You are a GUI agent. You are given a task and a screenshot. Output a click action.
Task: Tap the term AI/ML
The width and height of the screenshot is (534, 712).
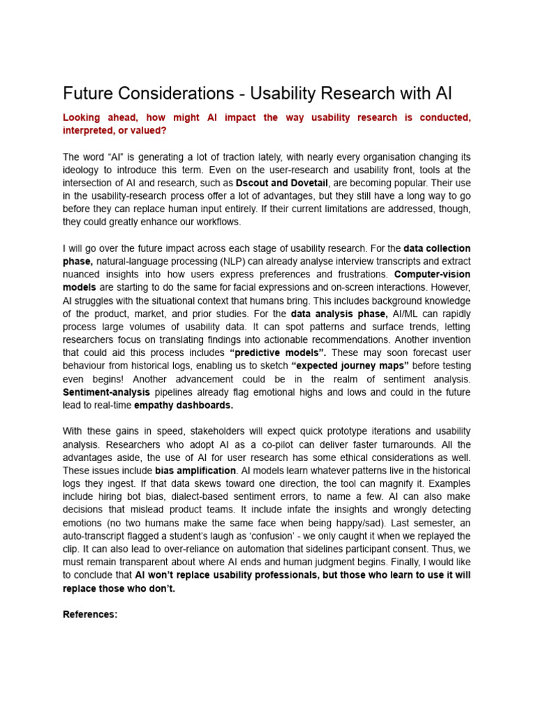[x=408, y=314]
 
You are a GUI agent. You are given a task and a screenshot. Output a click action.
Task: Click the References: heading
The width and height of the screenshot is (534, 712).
[x=90, y=615]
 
